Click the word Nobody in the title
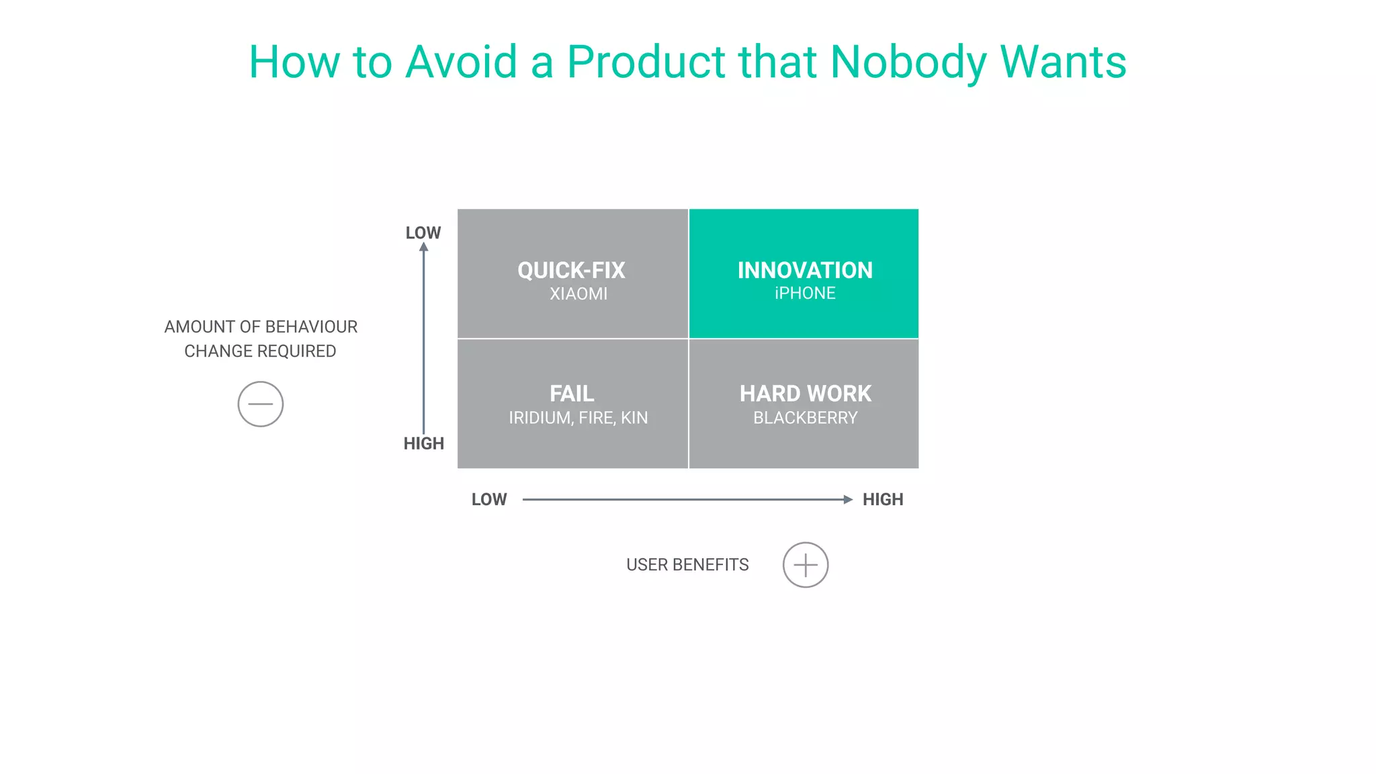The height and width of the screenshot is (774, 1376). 908,62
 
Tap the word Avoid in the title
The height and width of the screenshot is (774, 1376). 462,62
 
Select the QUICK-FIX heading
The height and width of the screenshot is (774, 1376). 571,270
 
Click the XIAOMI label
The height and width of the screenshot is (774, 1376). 578,294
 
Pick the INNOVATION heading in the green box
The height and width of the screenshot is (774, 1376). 805,270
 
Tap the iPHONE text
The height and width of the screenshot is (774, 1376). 805,294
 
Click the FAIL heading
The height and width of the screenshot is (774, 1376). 572,393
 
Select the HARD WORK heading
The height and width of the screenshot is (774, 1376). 805,393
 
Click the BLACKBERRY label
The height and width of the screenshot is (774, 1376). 805,418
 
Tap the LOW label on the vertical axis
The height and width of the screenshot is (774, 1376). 423,232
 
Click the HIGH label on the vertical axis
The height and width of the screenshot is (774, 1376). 423,443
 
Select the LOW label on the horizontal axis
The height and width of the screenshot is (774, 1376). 488,499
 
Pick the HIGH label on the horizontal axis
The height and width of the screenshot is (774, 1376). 882,499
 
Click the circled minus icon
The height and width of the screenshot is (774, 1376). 261,404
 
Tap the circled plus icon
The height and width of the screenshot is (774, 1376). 805,565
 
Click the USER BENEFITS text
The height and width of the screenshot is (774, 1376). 687,565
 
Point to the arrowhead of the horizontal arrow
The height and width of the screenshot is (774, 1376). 848,499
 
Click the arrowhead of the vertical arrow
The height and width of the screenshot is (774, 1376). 423,247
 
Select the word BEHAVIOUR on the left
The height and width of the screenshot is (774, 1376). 311,327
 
